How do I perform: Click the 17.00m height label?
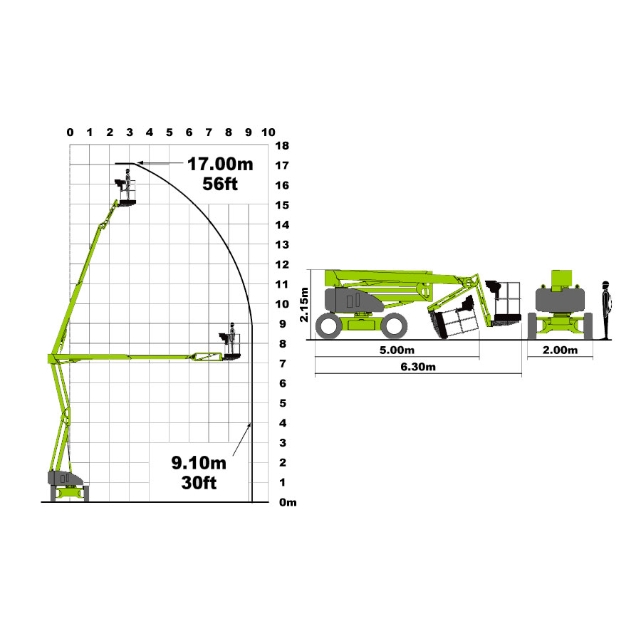(220, 164)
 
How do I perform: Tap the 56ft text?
(220, 184)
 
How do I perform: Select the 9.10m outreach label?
(199, 463)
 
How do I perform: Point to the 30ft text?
(199, 483)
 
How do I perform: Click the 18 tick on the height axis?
(282, 145)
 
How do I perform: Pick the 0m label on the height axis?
(288, 502)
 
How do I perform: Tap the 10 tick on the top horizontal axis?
(269, 132)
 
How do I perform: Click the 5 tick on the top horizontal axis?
(170, 132)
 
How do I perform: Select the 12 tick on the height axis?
(282, 264)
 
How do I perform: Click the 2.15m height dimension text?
(304, 305)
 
